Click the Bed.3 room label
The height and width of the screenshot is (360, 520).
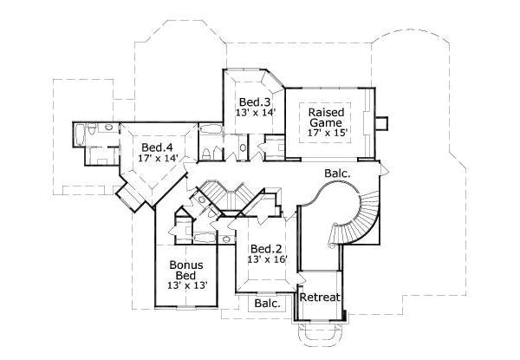pos(255,101)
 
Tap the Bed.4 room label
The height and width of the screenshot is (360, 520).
pos(158,147)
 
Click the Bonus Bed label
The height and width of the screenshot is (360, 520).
pos(186,269)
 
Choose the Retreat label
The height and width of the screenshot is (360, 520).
pos(320,298)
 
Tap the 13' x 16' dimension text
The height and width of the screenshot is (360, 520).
pos(266,259)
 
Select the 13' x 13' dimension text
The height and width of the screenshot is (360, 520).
pos(187,285)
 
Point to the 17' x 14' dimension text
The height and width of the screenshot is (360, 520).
pos(159,159)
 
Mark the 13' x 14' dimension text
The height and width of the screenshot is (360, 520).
pos(255,113)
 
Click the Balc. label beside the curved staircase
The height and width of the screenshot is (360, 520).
pos(337,173)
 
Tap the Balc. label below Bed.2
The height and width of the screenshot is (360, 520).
pos(267,304)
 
